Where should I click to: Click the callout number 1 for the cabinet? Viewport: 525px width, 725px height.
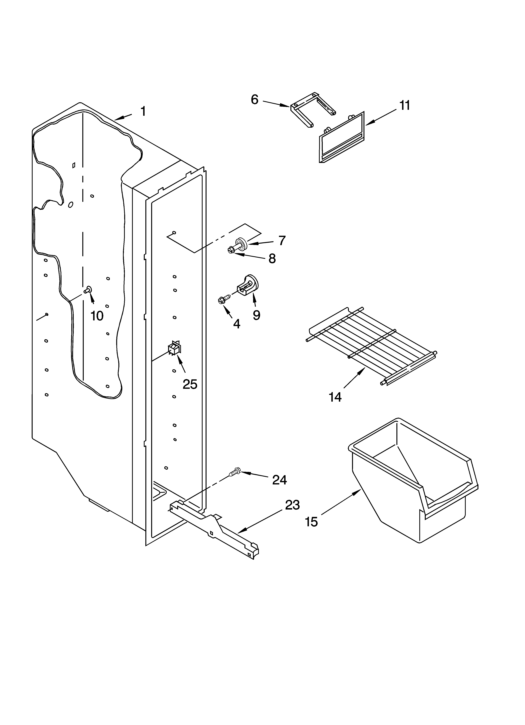143,111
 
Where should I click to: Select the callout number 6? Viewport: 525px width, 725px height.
255,100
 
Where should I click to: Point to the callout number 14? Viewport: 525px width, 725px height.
335,397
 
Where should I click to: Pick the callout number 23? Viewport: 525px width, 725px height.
292,505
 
